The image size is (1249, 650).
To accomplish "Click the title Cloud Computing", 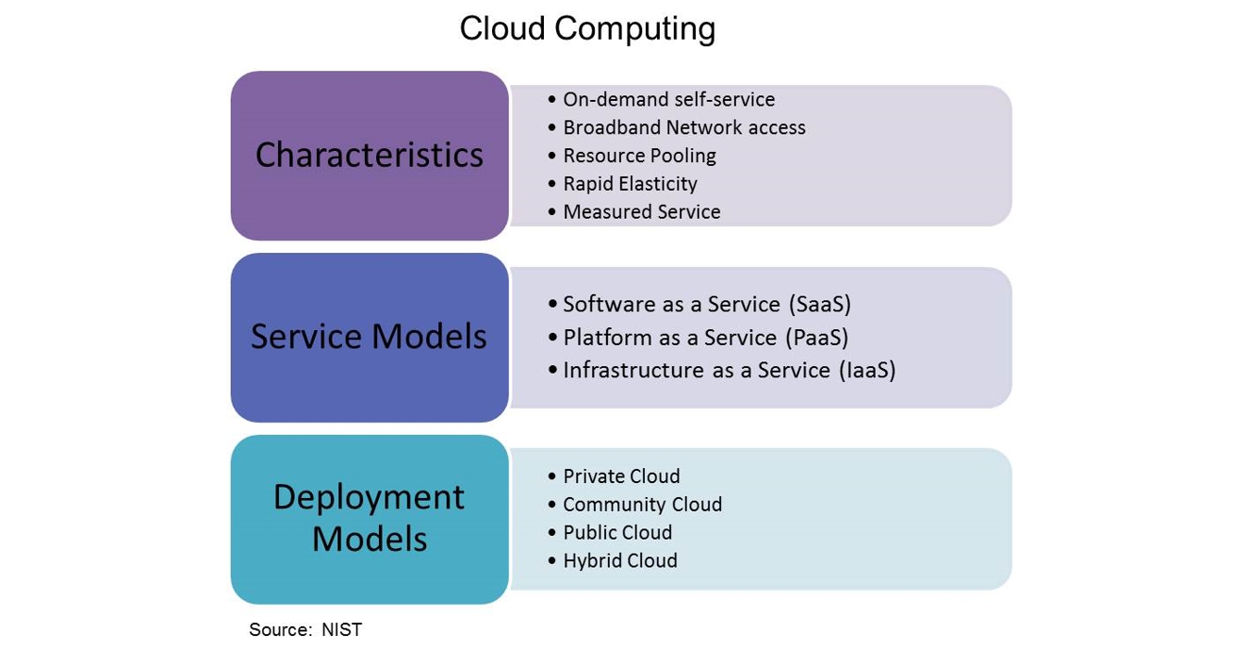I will [x=587, y=28].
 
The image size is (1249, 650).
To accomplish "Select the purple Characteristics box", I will [x=370, y=155].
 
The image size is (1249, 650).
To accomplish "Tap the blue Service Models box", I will [x=370, y=337].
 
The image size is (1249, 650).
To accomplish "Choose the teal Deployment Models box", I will [x=370, y=518].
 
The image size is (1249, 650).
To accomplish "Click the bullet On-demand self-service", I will [x=668, y=99].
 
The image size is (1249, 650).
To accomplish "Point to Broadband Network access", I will [x=683, y=127].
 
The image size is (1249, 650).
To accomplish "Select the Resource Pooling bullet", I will [x=639, y=156].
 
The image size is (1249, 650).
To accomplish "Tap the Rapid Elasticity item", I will [x=630, y=184].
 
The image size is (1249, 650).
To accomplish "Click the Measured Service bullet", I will [x=641, y=212].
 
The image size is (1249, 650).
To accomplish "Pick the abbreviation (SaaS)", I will [x=819, y=305].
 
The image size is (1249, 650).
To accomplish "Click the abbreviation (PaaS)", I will [x=817, y=338].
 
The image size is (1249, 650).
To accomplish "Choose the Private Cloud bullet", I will [x=621, y=476].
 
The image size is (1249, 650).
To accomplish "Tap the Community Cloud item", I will [x=642, y=505].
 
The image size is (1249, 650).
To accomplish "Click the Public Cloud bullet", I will [x=617, y=533].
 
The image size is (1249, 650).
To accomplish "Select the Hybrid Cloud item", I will [x=620, y=561].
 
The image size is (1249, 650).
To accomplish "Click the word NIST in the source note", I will [x=341, y=630].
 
